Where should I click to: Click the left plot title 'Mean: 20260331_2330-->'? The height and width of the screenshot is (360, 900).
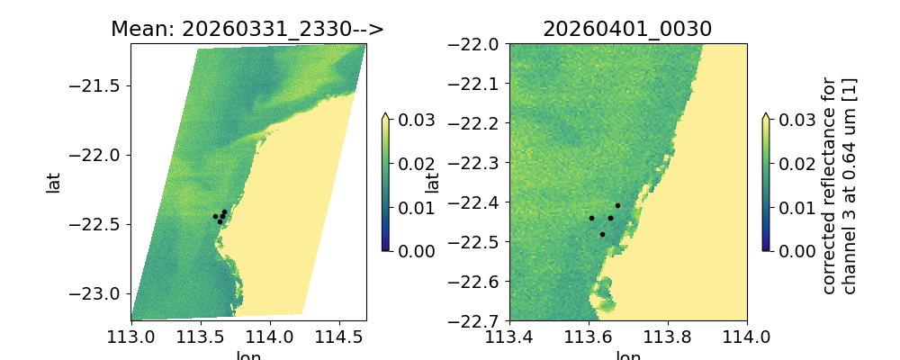point(247,29)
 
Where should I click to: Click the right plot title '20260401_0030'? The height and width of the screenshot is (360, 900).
point(627,29)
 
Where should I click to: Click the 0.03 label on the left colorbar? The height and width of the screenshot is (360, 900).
point(410,120)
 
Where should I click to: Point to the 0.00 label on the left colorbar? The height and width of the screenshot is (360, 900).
point(410,250)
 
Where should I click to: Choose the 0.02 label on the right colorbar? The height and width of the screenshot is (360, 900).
point(791,164)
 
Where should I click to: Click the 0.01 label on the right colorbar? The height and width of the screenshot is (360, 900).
point(791,207)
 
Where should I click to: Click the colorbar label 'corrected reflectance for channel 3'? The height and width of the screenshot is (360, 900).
point(839,184)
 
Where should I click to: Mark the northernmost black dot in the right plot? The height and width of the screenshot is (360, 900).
point(617,205)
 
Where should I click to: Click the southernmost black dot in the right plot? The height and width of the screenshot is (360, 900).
point(602,234)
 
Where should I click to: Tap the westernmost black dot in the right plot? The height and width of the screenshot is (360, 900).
point(591,218)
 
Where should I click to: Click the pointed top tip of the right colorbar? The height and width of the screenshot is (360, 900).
point(766,114)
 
